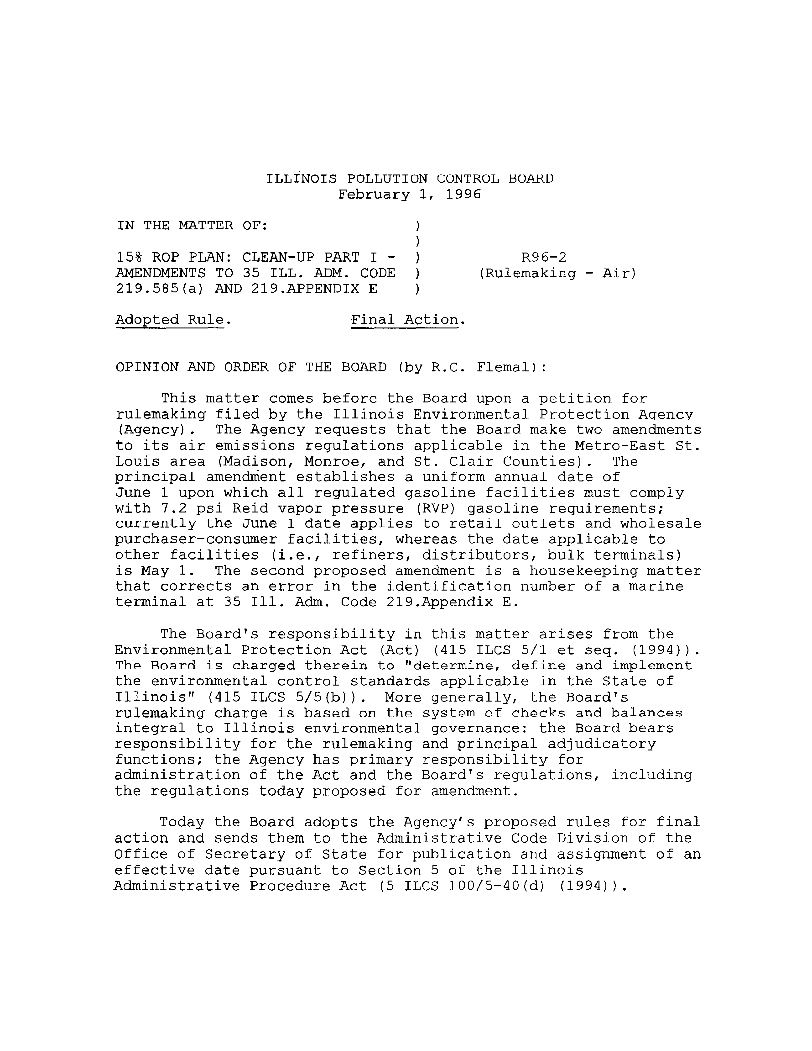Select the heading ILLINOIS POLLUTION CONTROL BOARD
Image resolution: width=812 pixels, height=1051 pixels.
[x=409, y=179]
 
